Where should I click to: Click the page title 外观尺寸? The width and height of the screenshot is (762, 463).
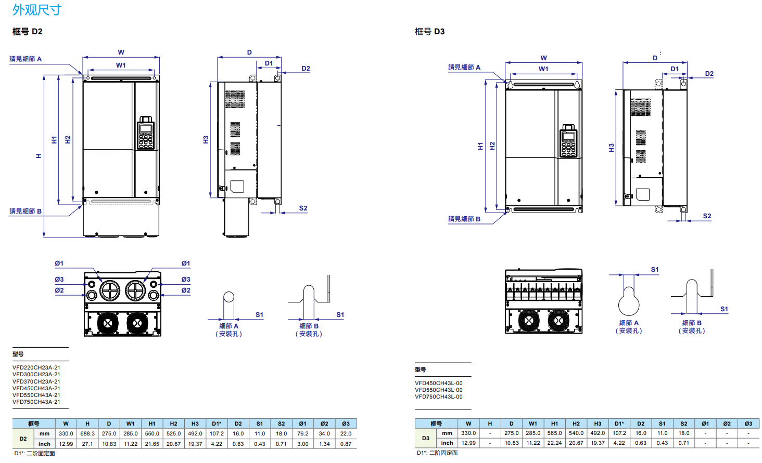click(x=36, y=10)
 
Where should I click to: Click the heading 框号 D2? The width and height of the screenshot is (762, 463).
click(x=28, y=32)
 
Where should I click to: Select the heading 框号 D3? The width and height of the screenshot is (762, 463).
click(x=429, y=32)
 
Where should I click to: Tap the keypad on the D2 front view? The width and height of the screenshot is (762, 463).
click(x=146, y=133)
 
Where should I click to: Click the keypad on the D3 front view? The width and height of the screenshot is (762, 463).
click(x=568, y=141)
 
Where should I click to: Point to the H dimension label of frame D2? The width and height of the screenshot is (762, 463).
click(x=39, y=156)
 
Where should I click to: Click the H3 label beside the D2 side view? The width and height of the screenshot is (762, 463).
click(x=206, y=140)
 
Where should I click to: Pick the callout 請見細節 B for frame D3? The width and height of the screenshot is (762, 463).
click(x=464, y=219)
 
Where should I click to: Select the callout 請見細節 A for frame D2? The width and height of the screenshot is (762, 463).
click(x=26, y=59)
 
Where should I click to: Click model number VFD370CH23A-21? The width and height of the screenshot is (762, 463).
click(x=36, y=381)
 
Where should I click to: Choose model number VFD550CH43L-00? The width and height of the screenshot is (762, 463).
click(x=439, y=390)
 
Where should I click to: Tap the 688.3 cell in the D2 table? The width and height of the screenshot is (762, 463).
click(x=87, y=433)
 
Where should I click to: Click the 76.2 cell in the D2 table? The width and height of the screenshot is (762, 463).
click(x=303, y=433)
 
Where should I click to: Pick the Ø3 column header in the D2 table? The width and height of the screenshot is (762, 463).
click(x=346, y=424)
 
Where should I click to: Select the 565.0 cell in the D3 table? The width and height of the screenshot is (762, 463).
click(x=554, y=433)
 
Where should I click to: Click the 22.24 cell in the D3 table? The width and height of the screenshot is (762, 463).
click(x=554, y=443)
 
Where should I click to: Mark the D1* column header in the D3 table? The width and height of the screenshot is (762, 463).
click(x=619, y=424)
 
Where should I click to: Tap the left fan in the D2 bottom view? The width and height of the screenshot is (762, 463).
click(x=108, y=323)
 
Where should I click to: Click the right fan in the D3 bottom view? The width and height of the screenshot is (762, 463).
click(x=557, y=321)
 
